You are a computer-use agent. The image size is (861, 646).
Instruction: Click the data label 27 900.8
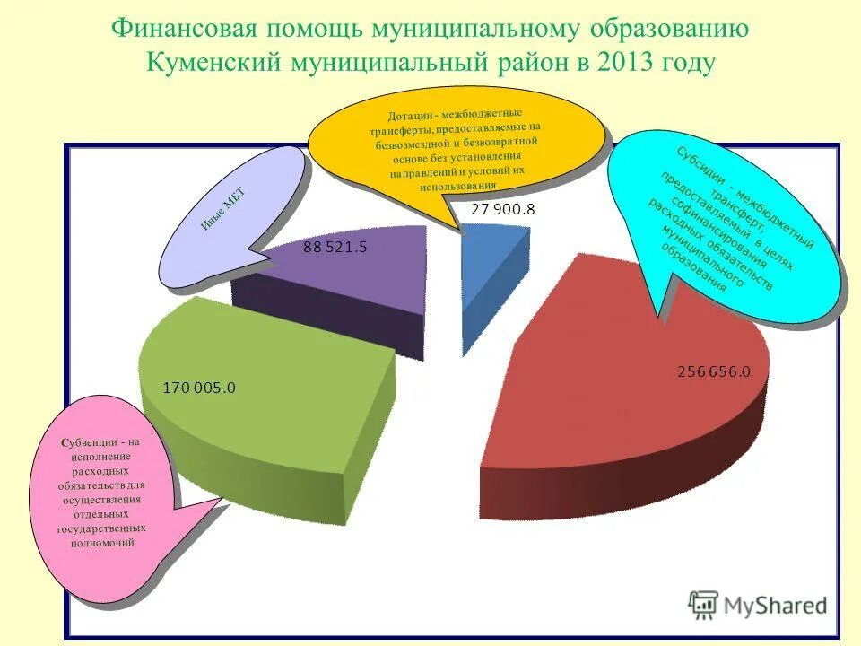pyautogui.click(x=503, y=210)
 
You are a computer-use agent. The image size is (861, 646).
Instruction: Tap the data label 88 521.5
pyautogui.click(x=335, y=248)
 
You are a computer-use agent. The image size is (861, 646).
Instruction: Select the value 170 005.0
pyautogui.click(x=199, y=388)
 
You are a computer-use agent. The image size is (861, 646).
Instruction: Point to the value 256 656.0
pyautogui.click(x=713, y=371)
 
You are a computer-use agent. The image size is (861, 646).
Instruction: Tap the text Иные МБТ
pyautogui.click(x=222, y=209)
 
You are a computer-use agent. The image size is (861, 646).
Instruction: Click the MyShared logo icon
pyautogui.click(x=703, y=604)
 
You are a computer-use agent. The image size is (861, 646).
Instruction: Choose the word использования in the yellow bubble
pyautogui.click(x=457, y=187)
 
